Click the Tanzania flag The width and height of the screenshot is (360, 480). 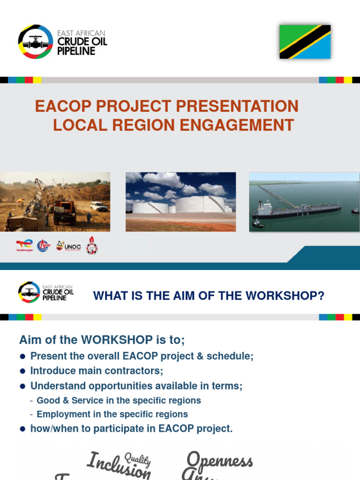pyautogui.click(x=305, y=42)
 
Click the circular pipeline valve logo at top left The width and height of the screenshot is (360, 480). pyautogui.click(x=35, y=42)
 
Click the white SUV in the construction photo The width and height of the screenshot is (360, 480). pyautogui.click(x=98, y=206)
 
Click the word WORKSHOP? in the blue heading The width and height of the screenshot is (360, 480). pyautogui.click(x=292, y=296)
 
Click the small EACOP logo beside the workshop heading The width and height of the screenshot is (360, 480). pyautogui.click(x=29, y=292)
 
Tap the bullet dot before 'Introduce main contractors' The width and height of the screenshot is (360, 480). pyautogui.click(x=22, y=371)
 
